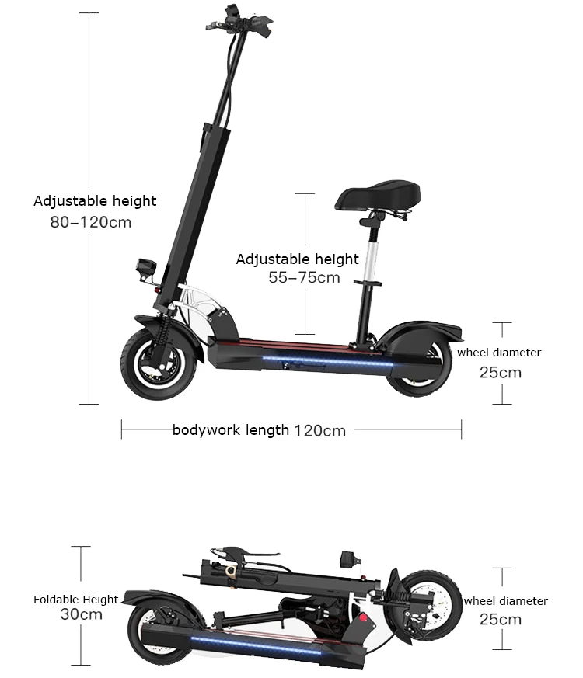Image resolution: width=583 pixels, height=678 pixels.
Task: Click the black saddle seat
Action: [x=378, y=195]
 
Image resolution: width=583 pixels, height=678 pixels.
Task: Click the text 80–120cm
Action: [x=90, y=222]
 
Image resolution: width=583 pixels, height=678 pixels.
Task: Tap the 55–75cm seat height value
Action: [x=304, y=277]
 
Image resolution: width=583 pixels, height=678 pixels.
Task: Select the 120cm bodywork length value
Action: [x=319, y=430]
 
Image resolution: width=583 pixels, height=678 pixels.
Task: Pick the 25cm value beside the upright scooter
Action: [x=500, y=372]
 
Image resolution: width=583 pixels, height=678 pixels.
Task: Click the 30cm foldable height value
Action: [x=82, y=614]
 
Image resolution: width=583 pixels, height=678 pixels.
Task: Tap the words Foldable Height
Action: [x=76, y=600]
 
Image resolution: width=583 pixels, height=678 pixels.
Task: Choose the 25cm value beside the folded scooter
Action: [x=500, y=619]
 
